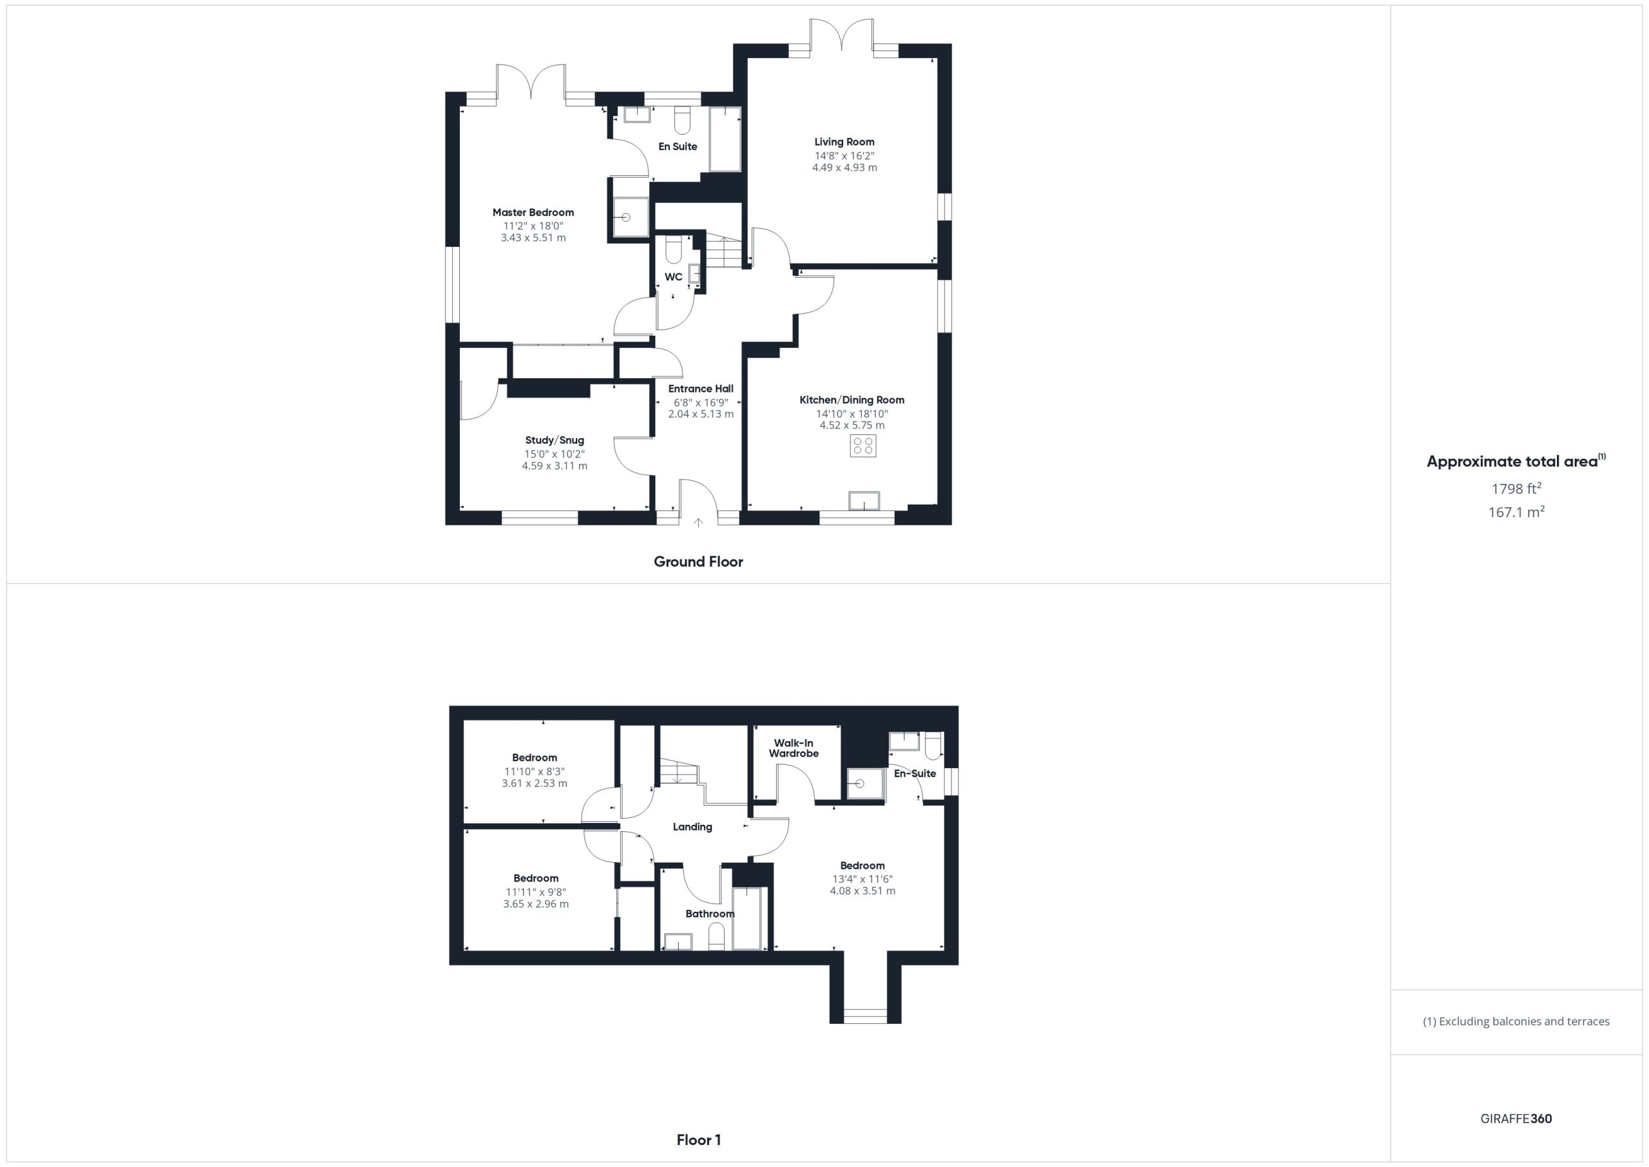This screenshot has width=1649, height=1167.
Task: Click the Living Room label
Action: (844, 142)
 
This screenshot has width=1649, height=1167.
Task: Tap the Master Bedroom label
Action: (533, 212)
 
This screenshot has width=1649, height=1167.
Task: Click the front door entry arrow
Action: (698, 523)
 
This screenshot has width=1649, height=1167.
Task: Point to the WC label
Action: (673, 276)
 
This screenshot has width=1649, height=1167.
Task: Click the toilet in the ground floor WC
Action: (674, 251)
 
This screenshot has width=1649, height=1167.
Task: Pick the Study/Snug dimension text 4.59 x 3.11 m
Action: (555, 466)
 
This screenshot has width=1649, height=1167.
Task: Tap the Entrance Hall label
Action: (701, 389)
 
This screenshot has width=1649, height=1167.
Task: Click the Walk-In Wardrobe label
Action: (794, 748)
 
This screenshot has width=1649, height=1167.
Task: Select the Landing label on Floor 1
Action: (692, 826)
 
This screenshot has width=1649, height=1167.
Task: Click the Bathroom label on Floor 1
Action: (710, 913)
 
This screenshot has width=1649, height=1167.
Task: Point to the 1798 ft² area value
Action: (1516, 488)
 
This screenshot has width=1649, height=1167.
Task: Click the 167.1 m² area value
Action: (1516, 512)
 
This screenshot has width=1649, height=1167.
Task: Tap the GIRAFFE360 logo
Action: (1516, 1118)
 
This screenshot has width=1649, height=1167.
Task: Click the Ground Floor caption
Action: (698, 561)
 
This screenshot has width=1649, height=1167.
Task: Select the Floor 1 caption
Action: (699, 1139)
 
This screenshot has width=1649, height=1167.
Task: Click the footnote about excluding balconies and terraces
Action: (1516, 1021)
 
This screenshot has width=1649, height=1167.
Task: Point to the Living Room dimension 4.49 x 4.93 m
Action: (844, 168)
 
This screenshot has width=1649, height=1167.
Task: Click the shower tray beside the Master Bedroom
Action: (630, 217)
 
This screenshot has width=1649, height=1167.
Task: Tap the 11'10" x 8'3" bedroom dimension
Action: (535, 771)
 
